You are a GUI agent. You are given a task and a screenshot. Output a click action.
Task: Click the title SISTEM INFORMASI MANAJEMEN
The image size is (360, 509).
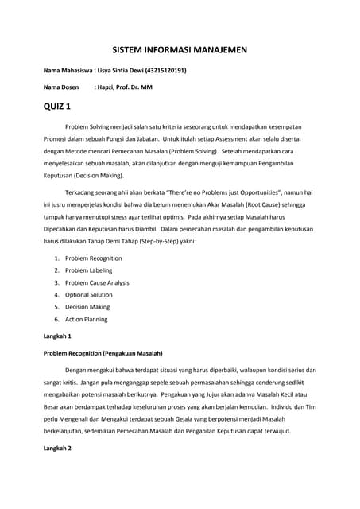(180, 50)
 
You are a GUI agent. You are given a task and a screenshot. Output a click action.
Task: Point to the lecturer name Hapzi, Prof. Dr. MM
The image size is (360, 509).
(123, 87)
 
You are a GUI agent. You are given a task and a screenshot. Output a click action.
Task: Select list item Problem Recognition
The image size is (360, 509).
(93, 258)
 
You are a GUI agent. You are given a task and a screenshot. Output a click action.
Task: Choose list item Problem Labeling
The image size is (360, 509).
(88, 270)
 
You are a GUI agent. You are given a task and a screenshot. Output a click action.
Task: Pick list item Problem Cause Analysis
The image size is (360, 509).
(97, 282)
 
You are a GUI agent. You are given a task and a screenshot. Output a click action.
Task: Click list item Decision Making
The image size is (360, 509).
(87, 307)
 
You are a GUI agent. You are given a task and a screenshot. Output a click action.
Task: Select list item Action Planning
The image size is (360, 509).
(86, 319)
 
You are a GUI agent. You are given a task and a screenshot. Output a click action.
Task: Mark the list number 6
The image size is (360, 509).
(57, 319)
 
